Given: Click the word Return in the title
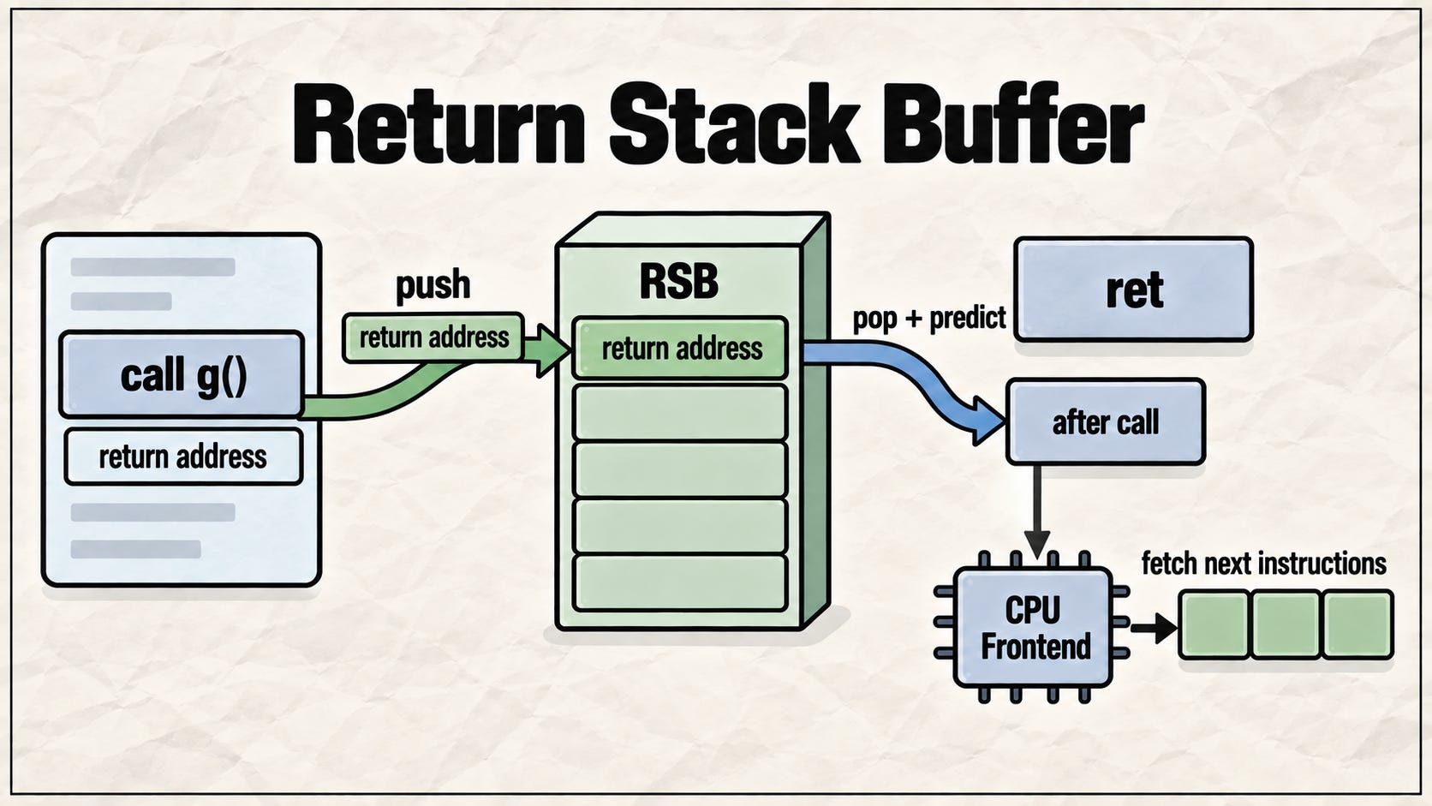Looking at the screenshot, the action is coord(439,124).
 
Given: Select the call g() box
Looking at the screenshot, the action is coord(182,374).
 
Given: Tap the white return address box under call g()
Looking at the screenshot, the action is coord(182,457).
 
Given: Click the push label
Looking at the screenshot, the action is coord(433,285).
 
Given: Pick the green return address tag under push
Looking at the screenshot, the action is coord(433,337).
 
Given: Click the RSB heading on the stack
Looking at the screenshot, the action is coord(678,281).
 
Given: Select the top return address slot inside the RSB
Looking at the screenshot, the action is coord(680,349).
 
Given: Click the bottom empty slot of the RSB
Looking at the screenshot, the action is coord(679,582).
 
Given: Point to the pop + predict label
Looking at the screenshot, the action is coord(929,318).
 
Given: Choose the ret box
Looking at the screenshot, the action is coord(1133,290).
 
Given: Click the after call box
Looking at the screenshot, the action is coord(1106,422).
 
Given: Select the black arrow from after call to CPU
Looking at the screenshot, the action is coord(1036,511).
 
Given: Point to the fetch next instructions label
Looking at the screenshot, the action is coord(1264,564).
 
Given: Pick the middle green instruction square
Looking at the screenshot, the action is coord(1286,624).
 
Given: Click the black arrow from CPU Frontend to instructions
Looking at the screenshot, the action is coord(1154,628).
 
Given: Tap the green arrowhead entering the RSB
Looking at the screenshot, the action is coord(553,349).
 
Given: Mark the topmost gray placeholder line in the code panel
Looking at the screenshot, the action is coord(152,266).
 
